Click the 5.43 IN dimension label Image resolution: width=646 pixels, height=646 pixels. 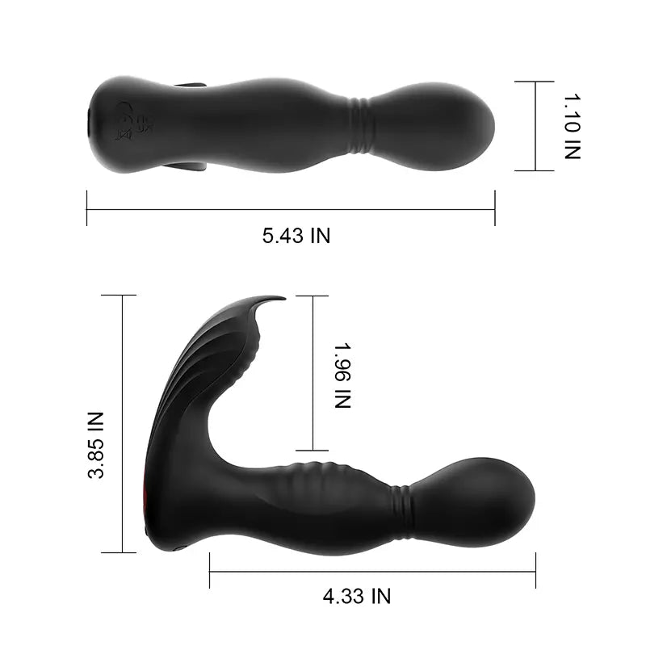point(296,236)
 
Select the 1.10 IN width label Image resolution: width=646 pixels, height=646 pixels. point(572,125)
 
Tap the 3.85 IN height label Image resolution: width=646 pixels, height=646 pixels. point(96,445)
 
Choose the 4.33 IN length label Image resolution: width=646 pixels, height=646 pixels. point(356,597)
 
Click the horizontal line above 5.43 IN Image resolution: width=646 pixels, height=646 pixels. point(291,210)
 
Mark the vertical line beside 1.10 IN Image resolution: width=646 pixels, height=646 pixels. point(534,125)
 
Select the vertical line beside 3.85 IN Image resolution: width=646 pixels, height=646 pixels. point(123,424)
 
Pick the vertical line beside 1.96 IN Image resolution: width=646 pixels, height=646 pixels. point(312,373)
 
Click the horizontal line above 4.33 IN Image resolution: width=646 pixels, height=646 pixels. point(371,572)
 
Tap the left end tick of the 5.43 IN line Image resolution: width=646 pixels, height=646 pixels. point(87,208)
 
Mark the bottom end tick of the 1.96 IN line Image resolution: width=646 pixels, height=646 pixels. point(312,451)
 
